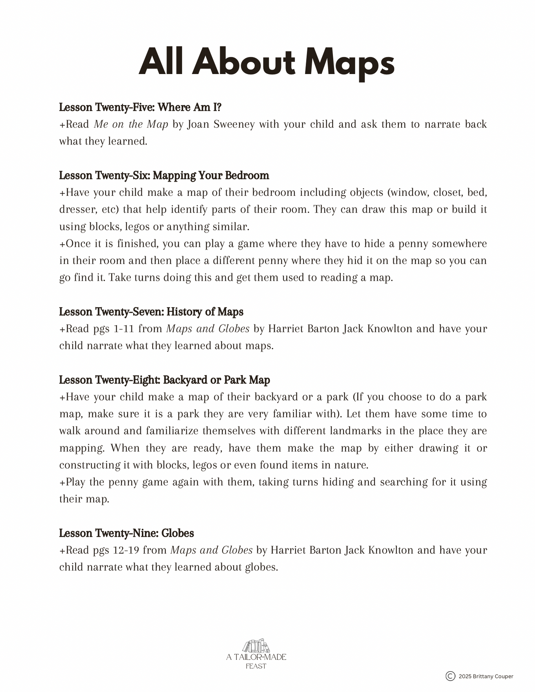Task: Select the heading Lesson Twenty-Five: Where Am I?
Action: [x=140, y=107]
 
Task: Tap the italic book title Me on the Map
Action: [x=131, y=124]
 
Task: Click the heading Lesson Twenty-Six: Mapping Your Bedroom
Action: [x=164, y=175]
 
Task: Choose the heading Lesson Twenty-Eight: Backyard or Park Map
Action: [x=164, y=380]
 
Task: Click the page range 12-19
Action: [x=126, y=550]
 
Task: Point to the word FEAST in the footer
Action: [x=256, y=666]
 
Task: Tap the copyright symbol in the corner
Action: [x=450, y=676]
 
